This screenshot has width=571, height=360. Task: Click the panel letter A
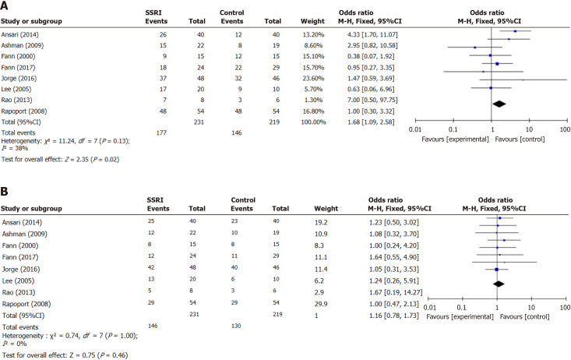[x=5, y=5]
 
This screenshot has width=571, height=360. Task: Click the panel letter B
[x=5, y=191]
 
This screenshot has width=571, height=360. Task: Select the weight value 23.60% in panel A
[x=313, y=79]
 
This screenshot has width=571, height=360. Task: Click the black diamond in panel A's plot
[x=499, y=104]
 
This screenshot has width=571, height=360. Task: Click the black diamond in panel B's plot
[x=499, y=284]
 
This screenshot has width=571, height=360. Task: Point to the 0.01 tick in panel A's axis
[x=415, y=120]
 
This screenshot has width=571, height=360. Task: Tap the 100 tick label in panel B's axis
[x=566, y=308]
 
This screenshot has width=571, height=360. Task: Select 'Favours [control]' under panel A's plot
[x=520, y=139]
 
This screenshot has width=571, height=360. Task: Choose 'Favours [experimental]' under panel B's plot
[x=460, y=316]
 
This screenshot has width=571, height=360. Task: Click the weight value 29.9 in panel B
[x=321, y=304]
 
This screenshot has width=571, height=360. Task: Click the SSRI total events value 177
[x=161, y=132]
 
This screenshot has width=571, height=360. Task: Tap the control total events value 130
[x=236, y=326]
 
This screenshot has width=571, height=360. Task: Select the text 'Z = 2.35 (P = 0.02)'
[x=92, y=159]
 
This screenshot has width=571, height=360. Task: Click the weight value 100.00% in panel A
[x=313, y=122]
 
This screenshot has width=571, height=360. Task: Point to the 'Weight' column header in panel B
[x=326, y=208]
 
